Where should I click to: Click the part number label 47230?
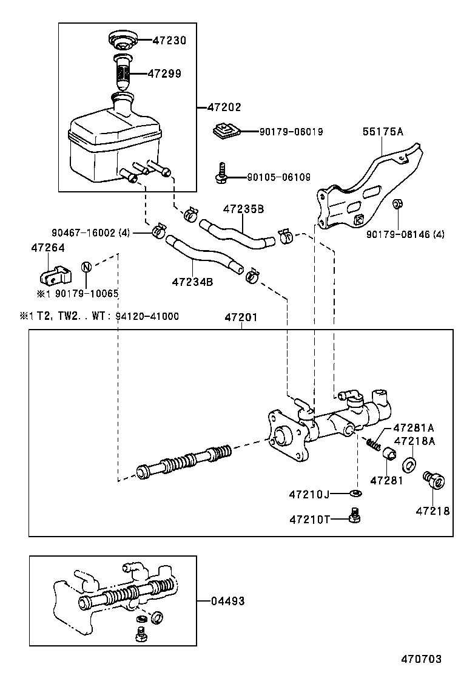169,41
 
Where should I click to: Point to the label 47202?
224,107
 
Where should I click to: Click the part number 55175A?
383,131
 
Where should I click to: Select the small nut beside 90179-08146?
397,219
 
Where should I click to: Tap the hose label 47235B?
243,209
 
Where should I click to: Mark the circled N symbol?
86,268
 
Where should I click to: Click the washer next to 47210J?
356,493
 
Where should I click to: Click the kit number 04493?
227,601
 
